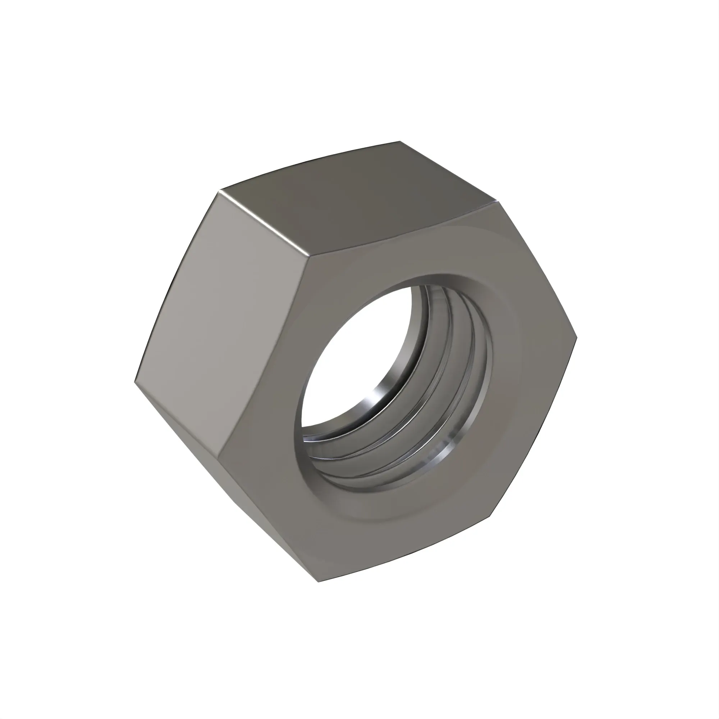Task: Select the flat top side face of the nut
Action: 357,201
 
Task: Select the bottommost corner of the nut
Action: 319,582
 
